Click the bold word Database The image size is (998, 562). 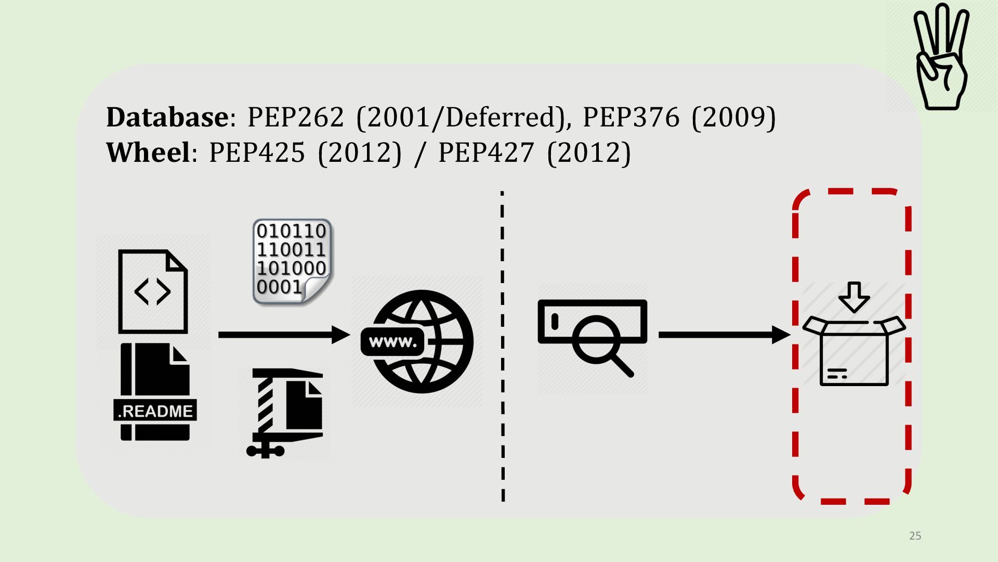pyautogui.click(x=166, y=117)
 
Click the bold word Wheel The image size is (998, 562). pyautogui.click(x=148, y=152)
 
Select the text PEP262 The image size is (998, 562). pyautogui.click(x=295, y=117)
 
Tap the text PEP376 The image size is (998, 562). pyautogui.click(x=631, y=117)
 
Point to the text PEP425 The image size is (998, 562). pyautogui.click(x=257, y=152)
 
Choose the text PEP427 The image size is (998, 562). pyautogui.click(x=486, y=152)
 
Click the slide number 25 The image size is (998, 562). pyautogui.click(x=915, y=535)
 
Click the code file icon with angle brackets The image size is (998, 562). pyautogui.click(x=152, y=291)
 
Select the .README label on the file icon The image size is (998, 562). pyautogui.click(x=155, y=411)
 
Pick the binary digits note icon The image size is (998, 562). pyautogui.click(x=292, y=262)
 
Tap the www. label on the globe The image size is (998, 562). pyautogui.click(x=393, y=342)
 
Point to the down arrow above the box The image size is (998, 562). pyautogui.click(x=853, y=297)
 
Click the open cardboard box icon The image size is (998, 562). pyautogui.click(x=853, y=351)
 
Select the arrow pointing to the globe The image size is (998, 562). pyautogui.click(x=283, y=335)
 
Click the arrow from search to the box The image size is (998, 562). pyautogui.click(x=724, y=335)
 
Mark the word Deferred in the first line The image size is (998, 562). pyautogui.click(x=500, y=117)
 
